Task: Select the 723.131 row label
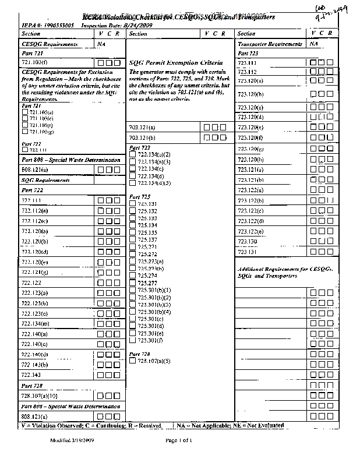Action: (x=248, y=252)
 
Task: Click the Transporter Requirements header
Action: (x=270, y=44)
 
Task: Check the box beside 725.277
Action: (x=133, y=283)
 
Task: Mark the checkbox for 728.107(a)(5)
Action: (x=133, y=361)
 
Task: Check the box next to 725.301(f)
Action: (x=133, y=340)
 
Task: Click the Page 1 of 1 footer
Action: (x=178, y=440)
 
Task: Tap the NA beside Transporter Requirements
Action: (x=314, y=44)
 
